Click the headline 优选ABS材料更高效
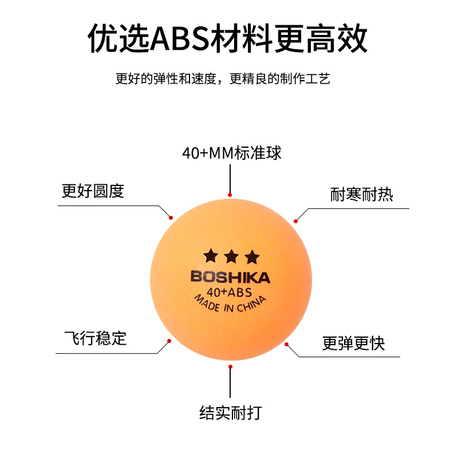[x=228, y=39]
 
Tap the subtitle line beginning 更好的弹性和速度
[x=223, y=79]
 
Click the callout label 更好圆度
[x=93, y=191]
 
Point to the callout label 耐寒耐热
[x=361, y=194]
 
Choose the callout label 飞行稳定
[x=94, y=338]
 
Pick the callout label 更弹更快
[x=353, y=343]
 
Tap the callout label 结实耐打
[x=230, y=412]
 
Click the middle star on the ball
[x=230, y=255]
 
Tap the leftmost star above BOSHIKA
[x=210, y=255]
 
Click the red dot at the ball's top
[x=230, y=195]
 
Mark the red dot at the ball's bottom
[x=230, y=366]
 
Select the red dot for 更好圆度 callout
[x=170, y=217]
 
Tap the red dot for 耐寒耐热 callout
[x=296, y=221]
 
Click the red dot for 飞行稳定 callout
[x=169, y=341]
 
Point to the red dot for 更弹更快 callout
[x=287, y=344]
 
